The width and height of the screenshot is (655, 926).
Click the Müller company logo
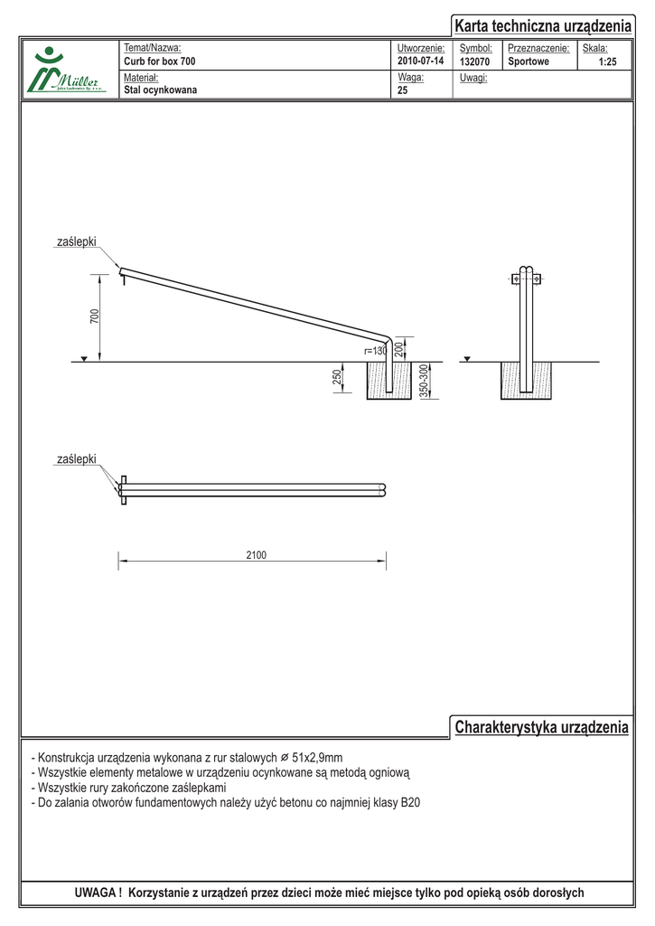pos(69,71)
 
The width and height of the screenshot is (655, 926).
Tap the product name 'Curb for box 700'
pos(159,61)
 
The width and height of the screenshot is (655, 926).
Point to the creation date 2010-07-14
pos(421,61)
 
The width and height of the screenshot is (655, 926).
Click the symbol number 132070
pos(475,61)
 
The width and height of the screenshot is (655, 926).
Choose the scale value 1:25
pos(608,61)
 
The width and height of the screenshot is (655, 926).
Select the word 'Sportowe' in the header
pos(529,61)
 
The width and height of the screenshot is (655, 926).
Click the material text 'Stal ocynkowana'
pos(160,90)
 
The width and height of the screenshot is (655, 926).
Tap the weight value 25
pos(403,90)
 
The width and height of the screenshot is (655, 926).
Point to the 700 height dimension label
pos(95,317)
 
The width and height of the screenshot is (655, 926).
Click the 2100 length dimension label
pos(256,555)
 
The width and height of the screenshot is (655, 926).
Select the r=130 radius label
pos(375,351)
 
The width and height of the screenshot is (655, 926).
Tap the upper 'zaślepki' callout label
pos(76,242)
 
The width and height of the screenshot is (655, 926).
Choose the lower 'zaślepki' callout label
pos(76,460)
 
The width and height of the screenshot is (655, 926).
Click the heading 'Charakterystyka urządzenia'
pos(541,728)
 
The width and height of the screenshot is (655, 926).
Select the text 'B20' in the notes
pos(410,802)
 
